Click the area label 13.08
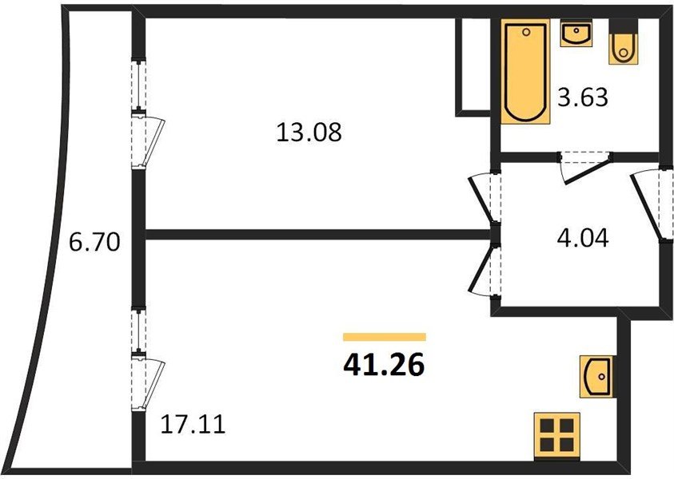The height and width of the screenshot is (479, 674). click(x=309, y=132)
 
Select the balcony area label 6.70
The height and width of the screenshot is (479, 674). click(x=94, y=243)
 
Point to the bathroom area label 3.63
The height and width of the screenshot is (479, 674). click(x=583, y=99)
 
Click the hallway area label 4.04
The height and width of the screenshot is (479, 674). click(x=582, y=238)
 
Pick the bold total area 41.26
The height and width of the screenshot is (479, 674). click(x=384, y=364)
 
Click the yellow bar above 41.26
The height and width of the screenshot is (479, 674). click(x=384, y=337)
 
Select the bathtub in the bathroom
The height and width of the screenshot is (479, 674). click(x=526, y=72)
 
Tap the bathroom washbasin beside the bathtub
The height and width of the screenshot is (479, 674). click(x=576, y=34)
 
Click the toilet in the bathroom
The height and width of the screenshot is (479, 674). click(x=623, y=47)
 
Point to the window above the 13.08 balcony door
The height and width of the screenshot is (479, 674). click(x=140, y=84)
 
